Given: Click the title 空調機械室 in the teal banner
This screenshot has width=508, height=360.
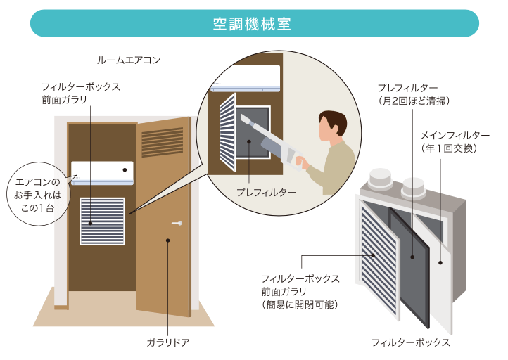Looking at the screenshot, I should (x=253, y=22).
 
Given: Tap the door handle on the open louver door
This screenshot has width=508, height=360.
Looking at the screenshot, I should (x=177, y=224).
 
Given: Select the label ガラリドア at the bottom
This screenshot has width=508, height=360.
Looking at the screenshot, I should (x=168, y=342).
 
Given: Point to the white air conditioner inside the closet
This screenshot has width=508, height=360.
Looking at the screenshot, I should (x=102, y=173).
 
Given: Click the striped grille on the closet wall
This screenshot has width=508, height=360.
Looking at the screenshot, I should (x=102, y=221).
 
